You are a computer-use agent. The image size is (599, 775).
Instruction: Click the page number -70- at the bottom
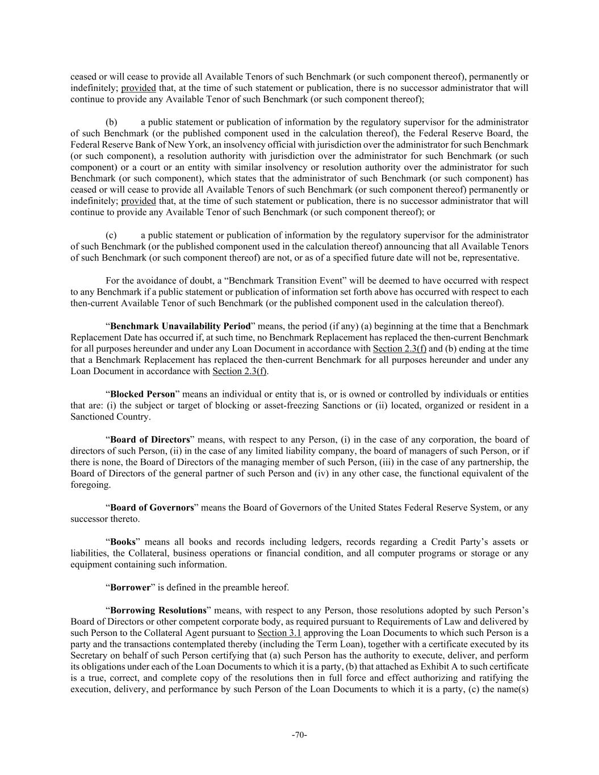pyautogui.click(x=299, y=735)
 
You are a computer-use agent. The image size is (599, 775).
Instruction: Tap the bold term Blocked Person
pyautogui.click(x=143, y=394)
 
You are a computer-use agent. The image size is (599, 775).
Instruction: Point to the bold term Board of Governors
pyautogui.click(x=152, y=508)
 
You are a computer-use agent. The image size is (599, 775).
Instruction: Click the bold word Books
pyautogui.click(x=123, y=542)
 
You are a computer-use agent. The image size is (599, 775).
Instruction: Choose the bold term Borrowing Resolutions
pyautogui.click(x=158, y=610)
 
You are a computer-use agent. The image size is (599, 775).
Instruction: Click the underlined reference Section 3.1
pyautogui.click(x=279, y=632)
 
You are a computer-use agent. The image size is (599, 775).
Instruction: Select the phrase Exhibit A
pyautogui.click(x=449, y=667)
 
